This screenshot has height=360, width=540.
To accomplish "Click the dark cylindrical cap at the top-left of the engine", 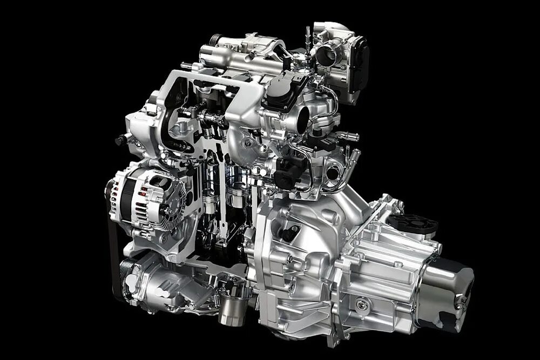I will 215,40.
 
